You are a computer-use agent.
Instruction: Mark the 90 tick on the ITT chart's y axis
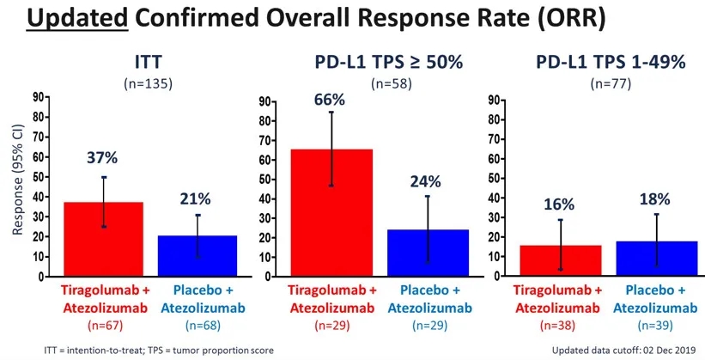click(x=39, y=98)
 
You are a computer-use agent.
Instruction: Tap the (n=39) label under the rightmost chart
click(x=657, y=325)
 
